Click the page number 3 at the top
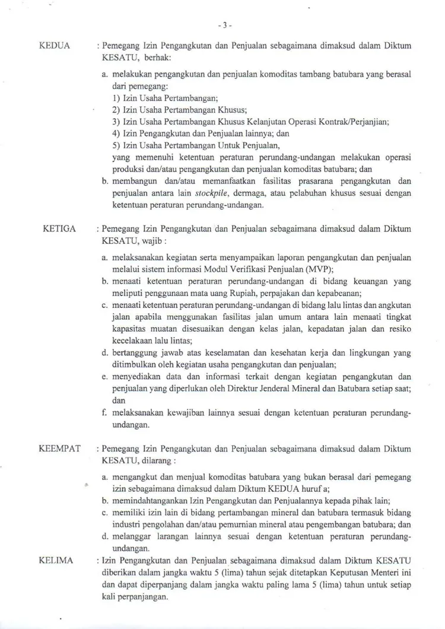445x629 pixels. [x=223, y=26]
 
